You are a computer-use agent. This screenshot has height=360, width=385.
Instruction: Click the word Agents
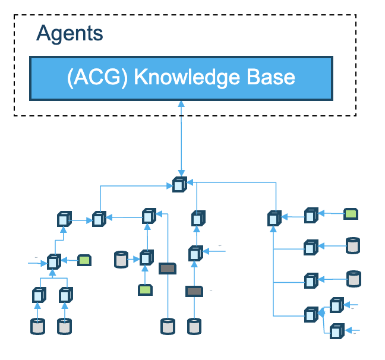pos(70,33)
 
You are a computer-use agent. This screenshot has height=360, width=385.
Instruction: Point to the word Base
pos(270,78)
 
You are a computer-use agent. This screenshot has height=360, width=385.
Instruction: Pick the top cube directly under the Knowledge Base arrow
pos(179,185)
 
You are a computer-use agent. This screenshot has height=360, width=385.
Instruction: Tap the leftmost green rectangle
pos(84,260)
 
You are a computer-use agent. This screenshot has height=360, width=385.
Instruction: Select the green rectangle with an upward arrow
pos(144,290)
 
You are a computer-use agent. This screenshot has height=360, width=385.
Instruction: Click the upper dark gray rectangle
pos(167,269)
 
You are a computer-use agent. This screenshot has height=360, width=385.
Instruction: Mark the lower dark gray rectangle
pos(194,291)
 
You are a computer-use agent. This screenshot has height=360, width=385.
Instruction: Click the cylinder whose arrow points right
pos(121,259)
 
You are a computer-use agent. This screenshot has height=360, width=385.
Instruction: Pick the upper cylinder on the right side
pos(353,245)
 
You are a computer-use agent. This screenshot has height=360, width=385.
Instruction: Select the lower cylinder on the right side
pos(353,278)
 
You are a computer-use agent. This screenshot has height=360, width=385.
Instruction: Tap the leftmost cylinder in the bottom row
pos(37,326)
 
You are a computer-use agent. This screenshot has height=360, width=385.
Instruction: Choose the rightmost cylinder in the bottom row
pos(194,326)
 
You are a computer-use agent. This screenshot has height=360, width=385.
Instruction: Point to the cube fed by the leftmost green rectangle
pos(53,261)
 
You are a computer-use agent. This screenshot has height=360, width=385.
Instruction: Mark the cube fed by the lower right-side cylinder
pos(311,280)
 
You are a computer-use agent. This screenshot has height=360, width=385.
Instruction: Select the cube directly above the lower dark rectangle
pos(195,254)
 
